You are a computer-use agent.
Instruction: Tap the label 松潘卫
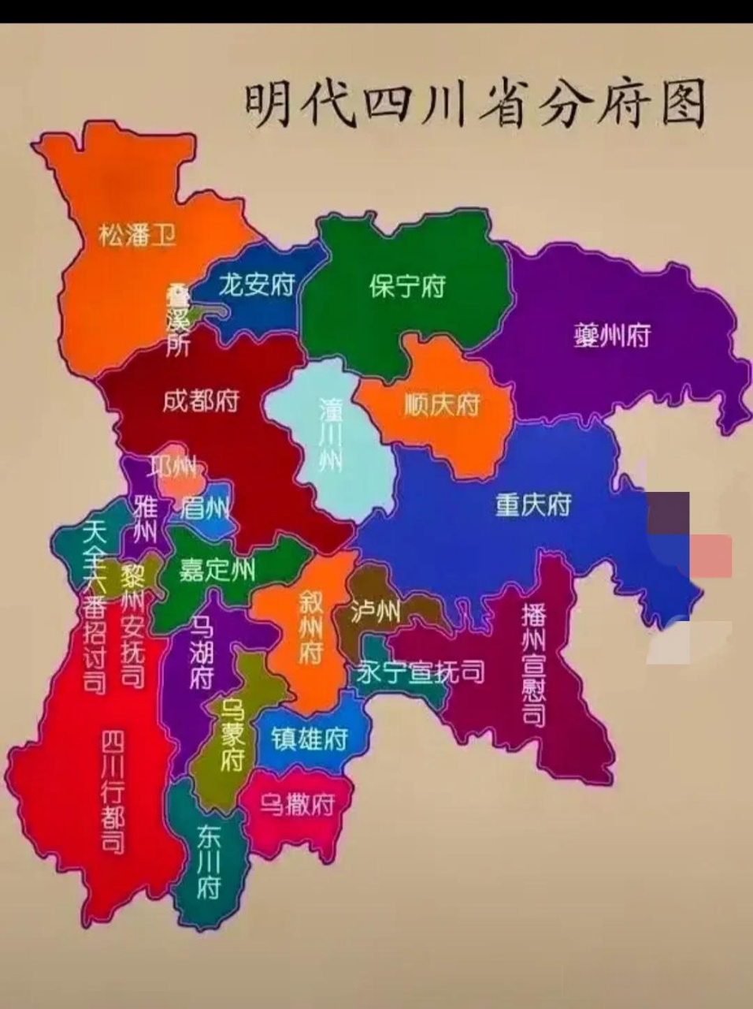tap(137, 234)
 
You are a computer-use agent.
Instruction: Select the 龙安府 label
tap(256, 284)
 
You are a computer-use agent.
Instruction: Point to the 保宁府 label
tap(406, 285)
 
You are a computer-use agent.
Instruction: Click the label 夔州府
tap(612, 337)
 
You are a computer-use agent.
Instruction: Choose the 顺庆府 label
tap(441, 405)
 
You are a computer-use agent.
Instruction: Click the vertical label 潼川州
tap(331, 434)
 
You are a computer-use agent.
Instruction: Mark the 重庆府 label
tap(532, 504)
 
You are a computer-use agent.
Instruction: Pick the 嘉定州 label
tap(217, 569)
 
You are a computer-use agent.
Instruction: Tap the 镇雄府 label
tap(310, 739)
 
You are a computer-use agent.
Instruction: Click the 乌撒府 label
tap(298, 804)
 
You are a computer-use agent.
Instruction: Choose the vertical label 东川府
tap(209, 862)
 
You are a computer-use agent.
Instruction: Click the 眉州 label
tap(206, 508)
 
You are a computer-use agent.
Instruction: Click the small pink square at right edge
tap(710, 555)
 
